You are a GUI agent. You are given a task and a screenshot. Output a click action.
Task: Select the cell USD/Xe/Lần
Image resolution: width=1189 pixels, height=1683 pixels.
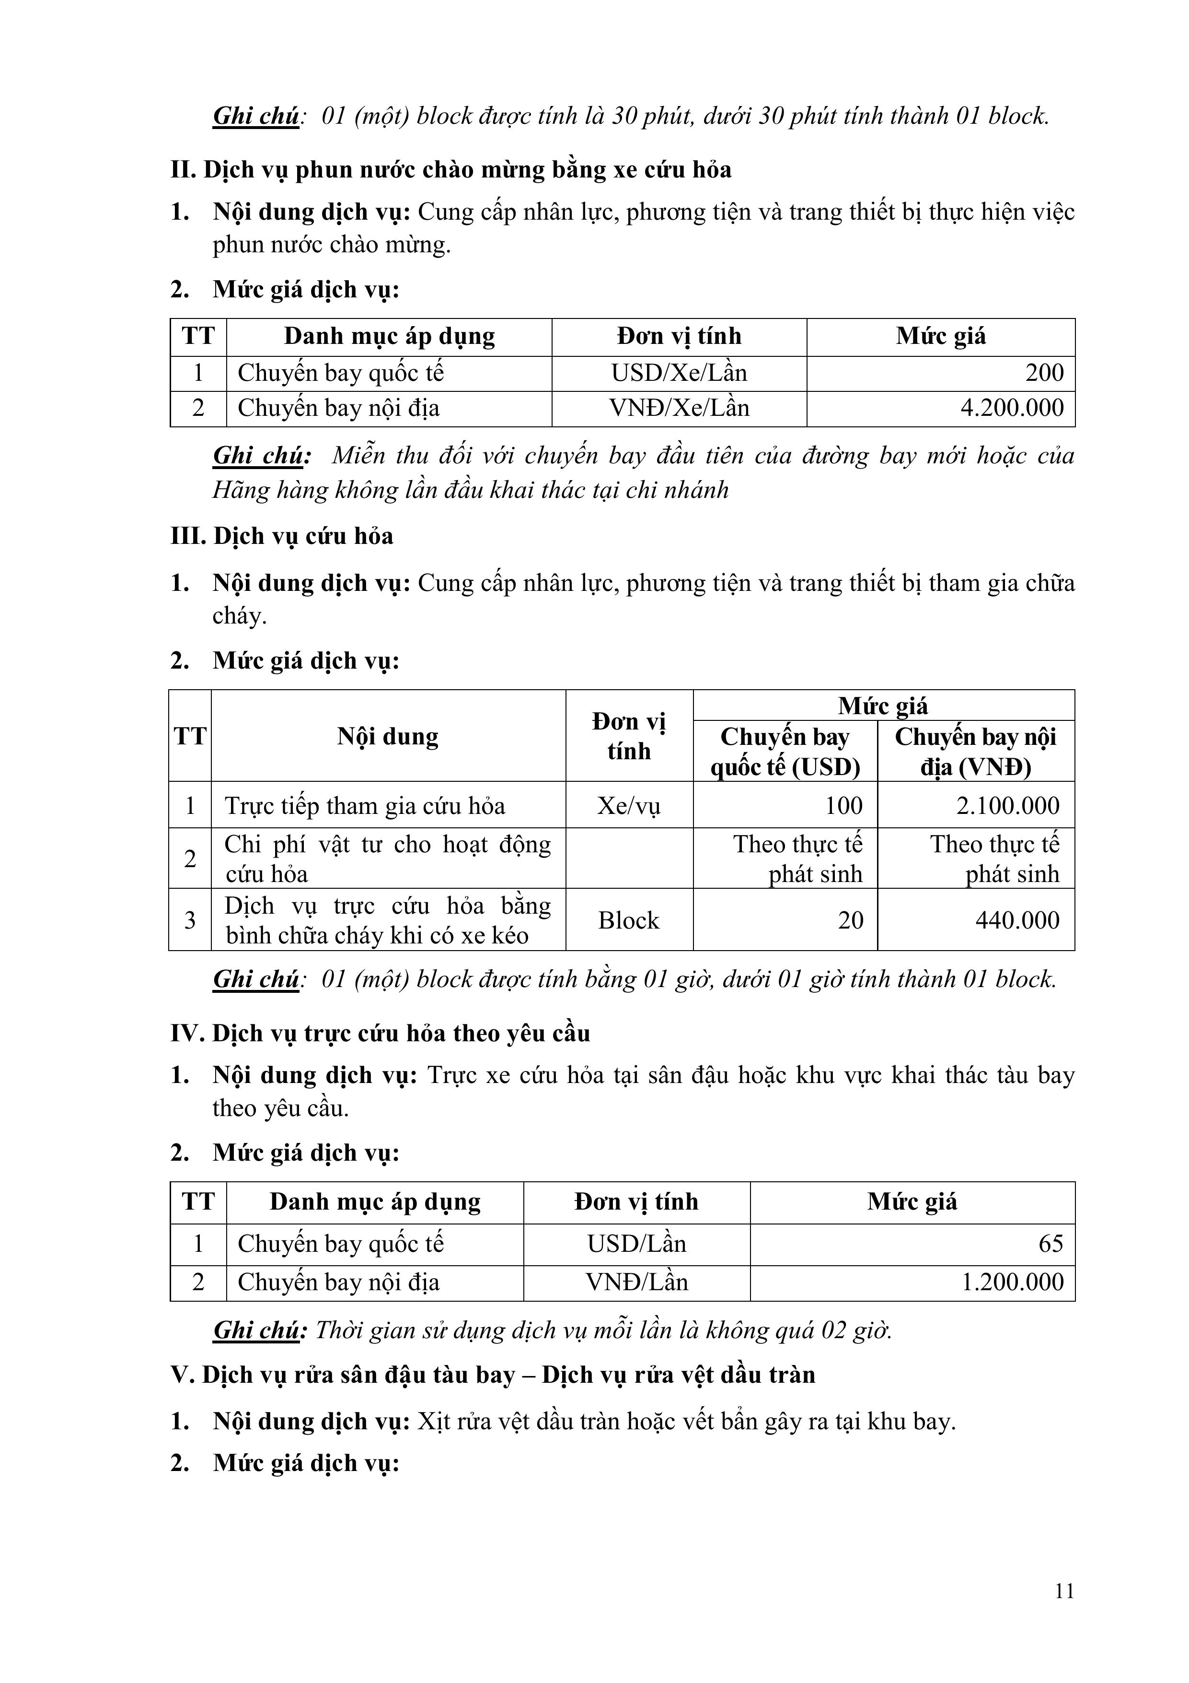(x=679, y=373)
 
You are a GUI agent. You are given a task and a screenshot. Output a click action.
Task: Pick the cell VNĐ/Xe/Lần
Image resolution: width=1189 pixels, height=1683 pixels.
(x=679, y=408)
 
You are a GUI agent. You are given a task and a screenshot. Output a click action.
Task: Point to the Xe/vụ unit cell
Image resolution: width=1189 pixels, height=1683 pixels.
(x=629, y=806)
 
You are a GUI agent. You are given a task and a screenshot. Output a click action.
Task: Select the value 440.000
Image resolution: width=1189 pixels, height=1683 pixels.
(x=1017, y=920)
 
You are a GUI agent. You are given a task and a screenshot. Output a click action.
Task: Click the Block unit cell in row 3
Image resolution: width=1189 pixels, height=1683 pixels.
(x=629, y=920)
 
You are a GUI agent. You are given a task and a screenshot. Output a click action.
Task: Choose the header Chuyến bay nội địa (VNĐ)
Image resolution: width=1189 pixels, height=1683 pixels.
(x=975, y=752)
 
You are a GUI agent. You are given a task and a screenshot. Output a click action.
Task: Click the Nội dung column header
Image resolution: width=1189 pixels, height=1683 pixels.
(x=388, y=736)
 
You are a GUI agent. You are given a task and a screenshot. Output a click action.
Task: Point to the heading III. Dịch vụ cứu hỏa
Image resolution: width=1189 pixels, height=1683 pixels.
(x=282, y=536)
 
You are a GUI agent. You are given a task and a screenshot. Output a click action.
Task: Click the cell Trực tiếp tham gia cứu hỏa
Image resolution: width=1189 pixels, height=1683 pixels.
(x=365, y=806)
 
